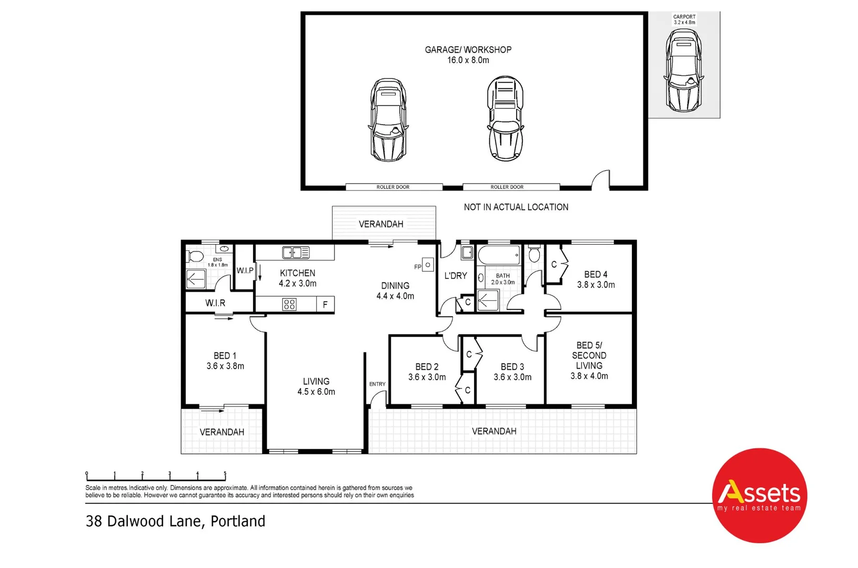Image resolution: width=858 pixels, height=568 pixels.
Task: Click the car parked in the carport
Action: [683, 70]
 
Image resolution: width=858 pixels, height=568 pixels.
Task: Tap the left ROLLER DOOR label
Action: [393, 187]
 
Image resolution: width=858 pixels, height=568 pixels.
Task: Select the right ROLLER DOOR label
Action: [507, 187]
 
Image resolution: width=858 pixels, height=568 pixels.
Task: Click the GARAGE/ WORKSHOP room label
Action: [468, 50]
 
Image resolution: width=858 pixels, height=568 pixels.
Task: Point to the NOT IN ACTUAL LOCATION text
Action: [516, 207]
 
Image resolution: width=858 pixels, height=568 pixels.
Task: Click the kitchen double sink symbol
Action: [296, 252]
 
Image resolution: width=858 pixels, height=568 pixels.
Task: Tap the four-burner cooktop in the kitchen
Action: [289, 304]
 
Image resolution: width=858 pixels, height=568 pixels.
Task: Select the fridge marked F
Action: [325, 305]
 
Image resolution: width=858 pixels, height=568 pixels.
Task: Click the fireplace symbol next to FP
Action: [428, 265]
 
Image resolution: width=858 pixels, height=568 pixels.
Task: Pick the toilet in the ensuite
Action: [195, 257]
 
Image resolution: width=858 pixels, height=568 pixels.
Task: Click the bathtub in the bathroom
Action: [499, 255]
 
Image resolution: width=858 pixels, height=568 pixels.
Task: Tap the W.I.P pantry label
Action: [245, 270]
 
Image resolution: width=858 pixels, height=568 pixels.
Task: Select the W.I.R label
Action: [215, 303]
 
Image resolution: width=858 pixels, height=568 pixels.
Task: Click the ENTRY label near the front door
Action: [377, 384]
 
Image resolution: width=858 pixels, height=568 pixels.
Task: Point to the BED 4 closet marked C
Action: [554, 265]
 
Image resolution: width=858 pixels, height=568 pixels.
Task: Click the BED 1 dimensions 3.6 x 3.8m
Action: [225, 366]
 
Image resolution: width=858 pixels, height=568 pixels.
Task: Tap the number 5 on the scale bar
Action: [225, 473]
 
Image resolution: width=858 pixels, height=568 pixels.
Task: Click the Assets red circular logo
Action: [759, 495]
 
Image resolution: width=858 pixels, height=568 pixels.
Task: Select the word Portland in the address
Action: [238, 521]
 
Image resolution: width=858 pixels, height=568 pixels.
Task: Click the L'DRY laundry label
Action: [456, 276]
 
